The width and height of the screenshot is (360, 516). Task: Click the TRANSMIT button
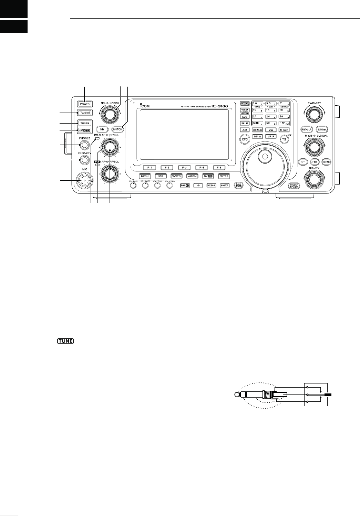pyautogui.click(x=84, y=112)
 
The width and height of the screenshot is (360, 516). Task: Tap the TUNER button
pyautogui.click(x=84, y=123)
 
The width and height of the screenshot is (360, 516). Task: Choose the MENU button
pyautogui.click(x=145, y=176)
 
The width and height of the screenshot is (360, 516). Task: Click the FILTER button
pyautogui.click(x=224, y=176)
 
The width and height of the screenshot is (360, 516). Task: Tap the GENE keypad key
pyautogui.click(x=257, y=123)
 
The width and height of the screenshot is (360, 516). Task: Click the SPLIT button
pyautogui.click(x=244, y=123)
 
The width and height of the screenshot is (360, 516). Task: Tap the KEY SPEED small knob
pyautogui.click(x=169, y=186)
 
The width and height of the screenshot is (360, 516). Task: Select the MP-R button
pyautogui.click(x=270, y=137)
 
